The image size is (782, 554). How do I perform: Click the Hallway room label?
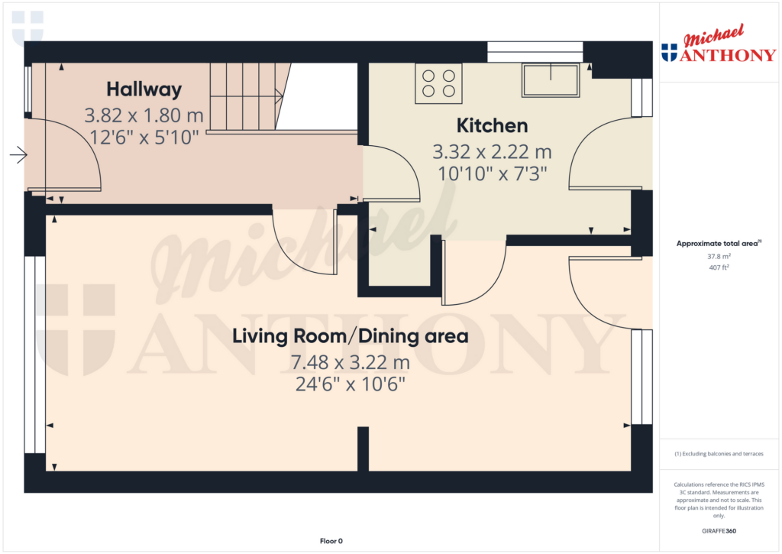coord(144,90)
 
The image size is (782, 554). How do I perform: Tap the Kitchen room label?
coord(493,126)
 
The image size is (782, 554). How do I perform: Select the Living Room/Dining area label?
coord(350,336)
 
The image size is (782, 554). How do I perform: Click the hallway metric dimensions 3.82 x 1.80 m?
coord(144,116)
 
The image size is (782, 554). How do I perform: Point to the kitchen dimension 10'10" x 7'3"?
coord(493,174)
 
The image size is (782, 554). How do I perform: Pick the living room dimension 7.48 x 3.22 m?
coord(350,362)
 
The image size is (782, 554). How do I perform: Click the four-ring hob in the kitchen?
coord(438,83)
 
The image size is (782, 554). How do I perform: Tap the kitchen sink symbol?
coord(551,80)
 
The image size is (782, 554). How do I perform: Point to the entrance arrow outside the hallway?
coord(18,154)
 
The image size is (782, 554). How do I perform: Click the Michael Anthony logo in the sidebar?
coord(719,44)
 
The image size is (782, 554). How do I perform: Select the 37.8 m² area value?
coord(719,257)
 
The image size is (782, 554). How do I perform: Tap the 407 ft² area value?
coord(719,267)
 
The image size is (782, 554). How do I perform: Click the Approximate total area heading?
coord(719,244)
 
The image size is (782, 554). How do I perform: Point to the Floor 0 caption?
coord(331,541)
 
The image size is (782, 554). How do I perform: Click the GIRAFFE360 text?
coord(719,531)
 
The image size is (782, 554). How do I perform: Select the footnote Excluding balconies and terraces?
coord(719,454)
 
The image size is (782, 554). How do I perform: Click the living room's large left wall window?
coord(35,355)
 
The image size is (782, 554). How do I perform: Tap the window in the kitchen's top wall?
coord(535,52)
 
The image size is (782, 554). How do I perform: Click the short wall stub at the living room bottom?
coord(363,449)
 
